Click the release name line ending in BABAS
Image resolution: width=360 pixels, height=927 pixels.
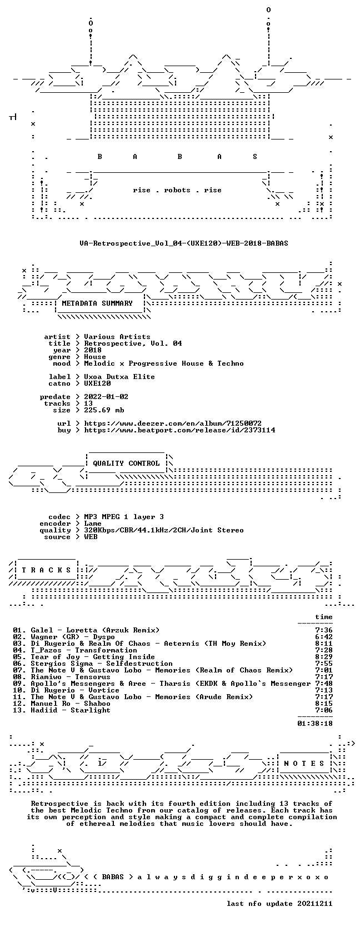coord(184,243)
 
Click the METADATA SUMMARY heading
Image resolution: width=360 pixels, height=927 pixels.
coord(97,303)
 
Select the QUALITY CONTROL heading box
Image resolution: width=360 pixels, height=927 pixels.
coord(126,463)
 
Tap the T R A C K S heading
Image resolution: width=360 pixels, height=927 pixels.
coord(46,570)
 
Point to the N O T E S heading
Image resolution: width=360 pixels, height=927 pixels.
coord(304,764)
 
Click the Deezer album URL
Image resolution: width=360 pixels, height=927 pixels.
coord(173,423)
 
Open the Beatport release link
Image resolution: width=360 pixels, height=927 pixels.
coord(179,430)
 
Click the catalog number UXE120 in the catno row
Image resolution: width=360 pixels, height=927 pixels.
coord(97,383)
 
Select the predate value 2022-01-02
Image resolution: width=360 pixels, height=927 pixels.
coord(106,397)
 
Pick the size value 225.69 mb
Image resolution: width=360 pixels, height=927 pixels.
coord(104,410)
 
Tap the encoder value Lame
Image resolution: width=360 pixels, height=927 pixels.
coord(93,524)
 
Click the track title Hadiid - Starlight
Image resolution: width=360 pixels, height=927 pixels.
coord(71,710)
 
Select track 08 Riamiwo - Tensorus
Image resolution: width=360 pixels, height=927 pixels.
coord(62,677)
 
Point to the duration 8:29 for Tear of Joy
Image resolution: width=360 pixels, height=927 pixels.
coord(323,657)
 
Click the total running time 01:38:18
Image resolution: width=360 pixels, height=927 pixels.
coord(315,724)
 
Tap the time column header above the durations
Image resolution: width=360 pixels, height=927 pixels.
coord(323,617)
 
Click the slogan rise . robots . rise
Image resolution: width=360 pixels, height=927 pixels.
coord(177,191)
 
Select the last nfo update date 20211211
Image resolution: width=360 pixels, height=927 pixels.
coord(315,904)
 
